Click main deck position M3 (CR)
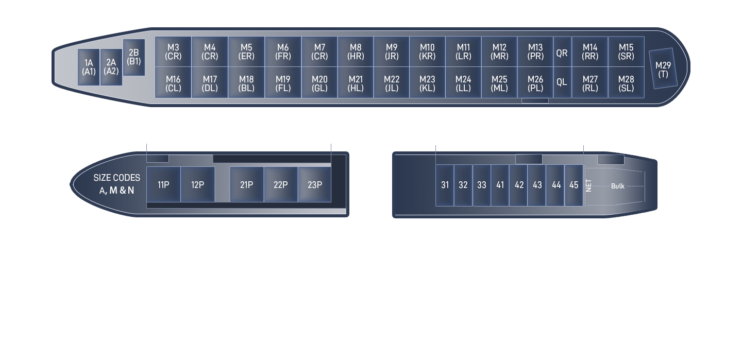pos(173,52)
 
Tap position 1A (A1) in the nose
pos(89,67)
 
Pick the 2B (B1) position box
pos(133,57)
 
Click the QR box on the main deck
pos(562,53)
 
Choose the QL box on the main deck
pos(562,81)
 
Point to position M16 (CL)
pos(173,83)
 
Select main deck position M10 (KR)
pos(427,52)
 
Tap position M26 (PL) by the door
pos(535,83)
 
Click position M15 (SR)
pos(626,52)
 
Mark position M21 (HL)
pos(356,83)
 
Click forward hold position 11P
pos(163,184)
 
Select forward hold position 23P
pos(314,184)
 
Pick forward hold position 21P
pos(246,184)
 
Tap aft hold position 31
pos(445,185)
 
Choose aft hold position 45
pos(574,185)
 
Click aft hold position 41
pos(500,185)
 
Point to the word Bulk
pos(617,186)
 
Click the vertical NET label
pos(589,186)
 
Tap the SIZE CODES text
pos(116,178)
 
